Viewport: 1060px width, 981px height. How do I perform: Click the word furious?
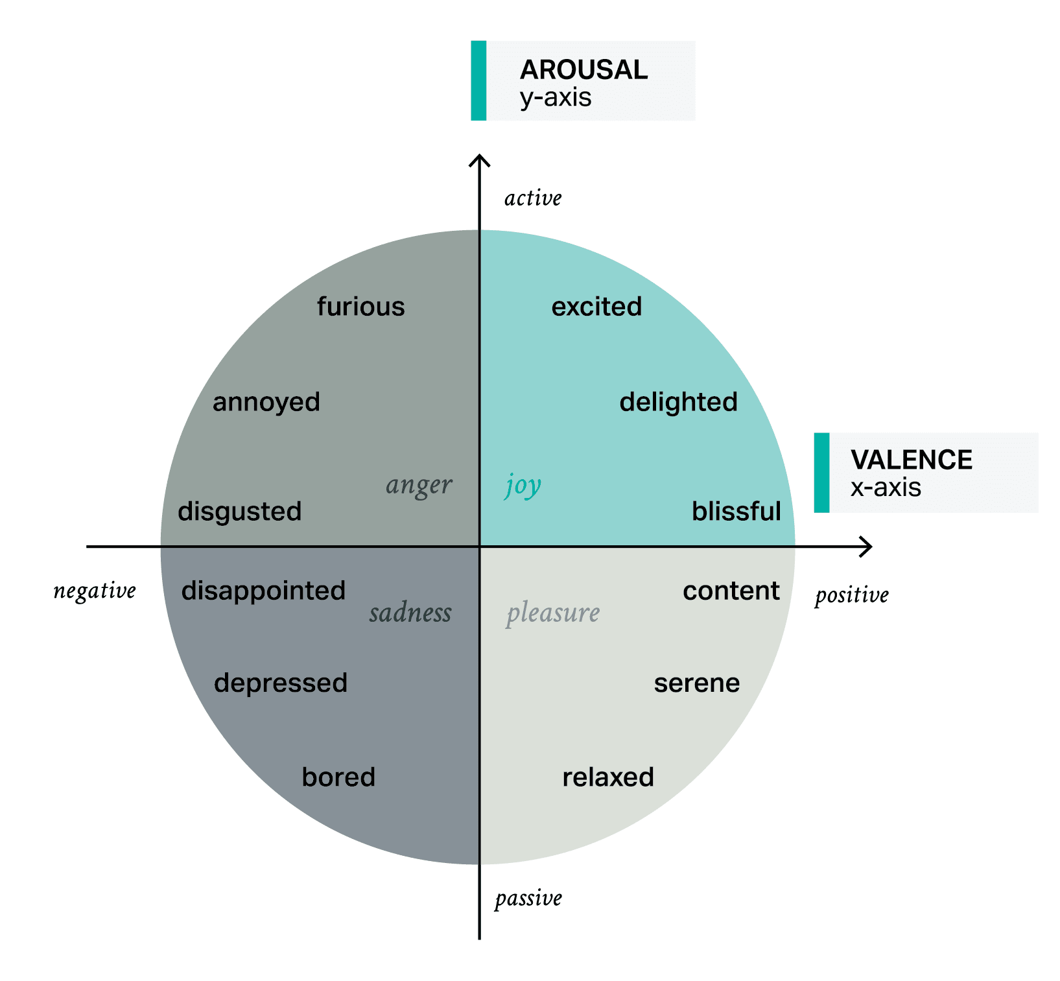360,307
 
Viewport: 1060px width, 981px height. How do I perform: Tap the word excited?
596,307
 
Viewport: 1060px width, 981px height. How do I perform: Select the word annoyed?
266,402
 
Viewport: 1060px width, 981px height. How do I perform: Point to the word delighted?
678,402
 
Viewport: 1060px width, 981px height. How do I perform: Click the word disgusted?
239,512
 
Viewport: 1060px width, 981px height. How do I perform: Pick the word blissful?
736,512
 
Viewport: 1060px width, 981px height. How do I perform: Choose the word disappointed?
263,591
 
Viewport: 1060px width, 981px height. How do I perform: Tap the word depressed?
281,683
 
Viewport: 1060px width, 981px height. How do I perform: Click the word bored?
338,777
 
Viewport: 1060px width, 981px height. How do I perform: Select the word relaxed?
607,777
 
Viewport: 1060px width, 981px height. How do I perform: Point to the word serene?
696,683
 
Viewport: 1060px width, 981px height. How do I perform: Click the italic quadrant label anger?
419,485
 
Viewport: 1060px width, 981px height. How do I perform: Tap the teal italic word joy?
523,485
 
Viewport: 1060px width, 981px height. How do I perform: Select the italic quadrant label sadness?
410,613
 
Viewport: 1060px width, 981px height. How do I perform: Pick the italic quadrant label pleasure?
553,613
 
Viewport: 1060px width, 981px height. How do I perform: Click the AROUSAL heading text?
583,70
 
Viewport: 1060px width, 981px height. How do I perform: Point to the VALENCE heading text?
911,460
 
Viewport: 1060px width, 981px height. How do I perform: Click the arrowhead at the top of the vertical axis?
479,159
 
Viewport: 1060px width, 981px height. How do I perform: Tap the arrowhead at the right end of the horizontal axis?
867,547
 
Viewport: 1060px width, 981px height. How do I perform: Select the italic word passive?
528,899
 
